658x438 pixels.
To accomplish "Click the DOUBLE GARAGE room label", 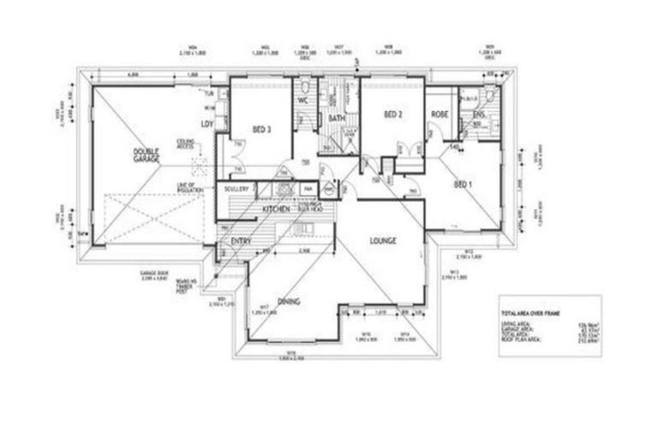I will pyautogui.click(x=147, y=155).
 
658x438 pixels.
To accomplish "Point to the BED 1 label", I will pyautogui.click(x=463, y=185).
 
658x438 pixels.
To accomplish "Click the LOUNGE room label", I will pyautogui.click(x=382, y=241).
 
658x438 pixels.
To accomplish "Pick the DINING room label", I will pyautogui.click(x=288, y=323).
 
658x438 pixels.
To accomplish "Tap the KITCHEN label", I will pyautogui.click(x=276, y=210).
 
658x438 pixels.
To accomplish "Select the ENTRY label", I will pyautogui.click(x=241, y=242).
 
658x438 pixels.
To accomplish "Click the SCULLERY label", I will pyautogui.click(x=236, y=188).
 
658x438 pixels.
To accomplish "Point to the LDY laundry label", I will pyautogui.click(x=206, y=125).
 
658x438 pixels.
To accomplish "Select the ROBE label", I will pyautogui.click(x=440, y=114).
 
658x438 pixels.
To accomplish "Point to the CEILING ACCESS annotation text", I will pyautogui.click(x=186, y=143).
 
